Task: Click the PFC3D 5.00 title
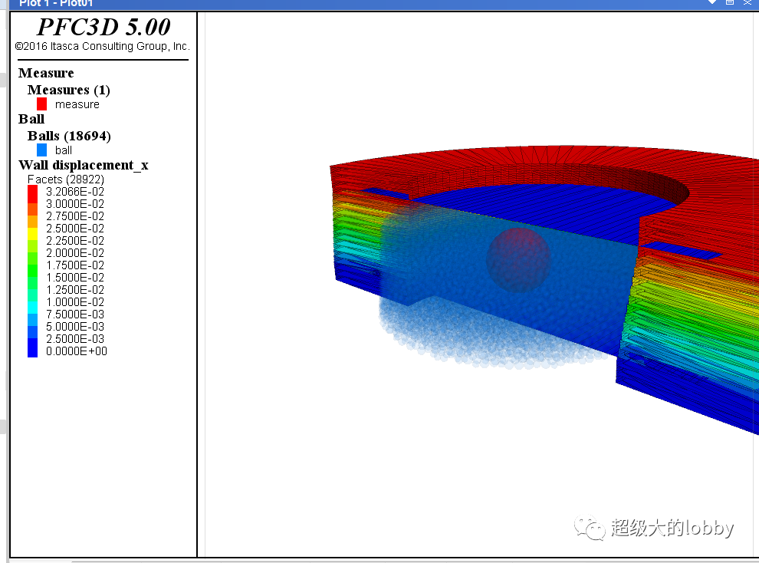coord(103,27)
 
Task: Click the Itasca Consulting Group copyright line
coord(102,47)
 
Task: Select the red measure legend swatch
coord(41,104)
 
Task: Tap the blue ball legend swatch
coord(41,150)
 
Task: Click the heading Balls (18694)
coord(69,136)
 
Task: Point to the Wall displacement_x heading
coord(84,165)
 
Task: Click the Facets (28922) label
coord(66,179)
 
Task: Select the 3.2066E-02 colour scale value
coord(75,192)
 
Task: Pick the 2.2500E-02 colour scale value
coord(75,241)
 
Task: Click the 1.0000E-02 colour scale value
coord(75,302)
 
